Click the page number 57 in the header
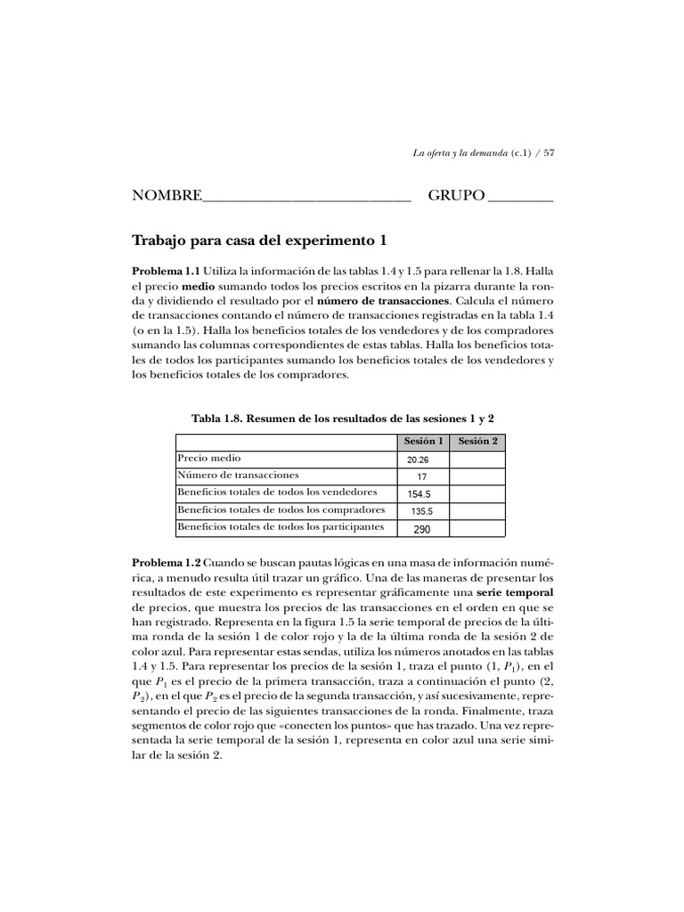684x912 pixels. [549, 152]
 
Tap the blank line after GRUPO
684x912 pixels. [520, 198]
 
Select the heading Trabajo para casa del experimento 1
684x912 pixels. [259, 240]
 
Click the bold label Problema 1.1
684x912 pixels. [167, 270]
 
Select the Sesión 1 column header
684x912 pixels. [423, 442]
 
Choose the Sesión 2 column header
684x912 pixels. [477, 442]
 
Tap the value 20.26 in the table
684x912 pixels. [418, 460]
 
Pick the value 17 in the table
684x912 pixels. [421, 476]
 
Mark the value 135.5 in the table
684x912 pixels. [421, 511]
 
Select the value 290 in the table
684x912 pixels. [421, 529]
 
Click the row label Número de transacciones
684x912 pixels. [238, 475]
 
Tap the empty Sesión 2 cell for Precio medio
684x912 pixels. [477, 459]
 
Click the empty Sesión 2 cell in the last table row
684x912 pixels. [477, 528]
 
